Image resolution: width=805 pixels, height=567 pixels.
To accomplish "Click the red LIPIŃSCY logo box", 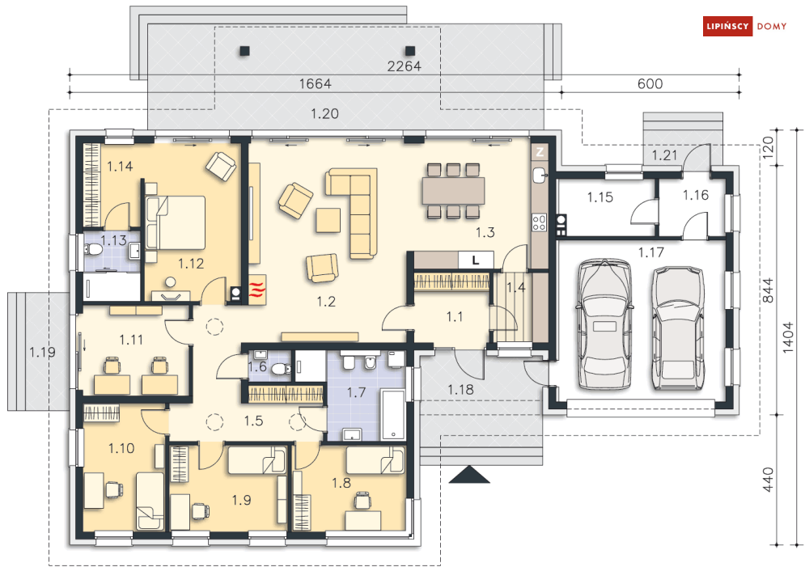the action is click(x=727, y=26).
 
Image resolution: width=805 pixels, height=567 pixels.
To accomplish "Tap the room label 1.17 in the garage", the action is click(x=651, y=252).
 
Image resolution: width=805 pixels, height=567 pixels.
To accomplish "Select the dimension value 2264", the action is click(x=404, y=66).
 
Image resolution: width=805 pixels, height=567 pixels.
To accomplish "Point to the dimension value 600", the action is click(x=650, y=83).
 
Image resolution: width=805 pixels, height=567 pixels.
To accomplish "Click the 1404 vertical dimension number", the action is click(x=788, y=337).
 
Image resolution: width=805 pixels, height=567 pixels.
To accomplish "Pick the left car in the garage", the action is click(x=604, y=324).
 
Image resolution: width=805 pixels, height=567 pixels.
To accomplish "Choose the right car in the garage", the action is click(x=678, y=328).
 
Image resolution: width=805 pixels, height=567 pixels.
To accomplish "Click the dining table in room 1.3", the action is click(x=453, y=191).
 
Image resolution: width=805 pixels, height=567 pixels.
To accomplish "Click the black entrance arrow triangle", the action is click(x=469, y=475).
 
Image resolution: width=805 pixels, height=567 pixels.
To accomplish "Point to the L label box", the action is click(x=476, y=260).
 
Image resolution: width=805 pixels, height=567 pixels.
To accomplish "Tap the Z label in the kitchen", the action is click(x=540, y=152).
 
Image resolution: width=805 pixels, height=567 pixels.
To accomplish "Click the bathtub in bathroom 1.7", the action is click(x=392, y=415).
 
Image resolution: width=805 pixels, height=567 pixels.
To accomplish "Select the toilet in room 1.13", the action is click(x=93, y=251).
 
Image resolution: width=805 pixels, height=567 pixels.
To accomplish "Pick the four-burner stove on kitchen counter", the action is click(x=539, y=222).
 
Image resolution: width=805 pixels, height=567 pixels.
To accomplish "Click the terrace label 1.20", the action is click(x=324, y=113).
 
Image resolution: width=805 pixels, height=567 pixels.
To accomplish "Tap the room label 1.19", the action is click(x=42, y=352).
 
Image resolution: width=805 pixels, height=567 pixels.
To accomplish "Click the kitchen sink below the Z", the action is click(x=540, y=175).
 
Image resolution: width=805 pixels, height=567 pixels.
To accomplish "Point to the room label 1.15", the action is click(x=600, y=197).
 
